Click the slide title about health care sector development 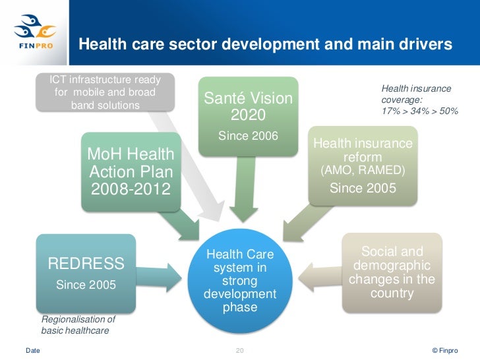click(266, 44)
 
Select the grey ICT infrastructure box click(105, 92)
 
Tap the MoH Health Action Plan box click(131, 172)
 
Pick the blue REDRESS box click(86, 273)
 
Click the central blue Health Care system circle click(240, 281)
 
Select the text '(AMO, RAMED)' click(363, 171)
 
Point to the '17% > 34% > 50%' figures click(419, 111)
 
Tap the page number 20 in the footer click(240, 349)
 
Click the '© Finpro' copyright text click(443, 349)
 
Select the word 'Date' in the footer click(32, 349)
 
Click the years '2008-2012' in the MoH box click(130, 190)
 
